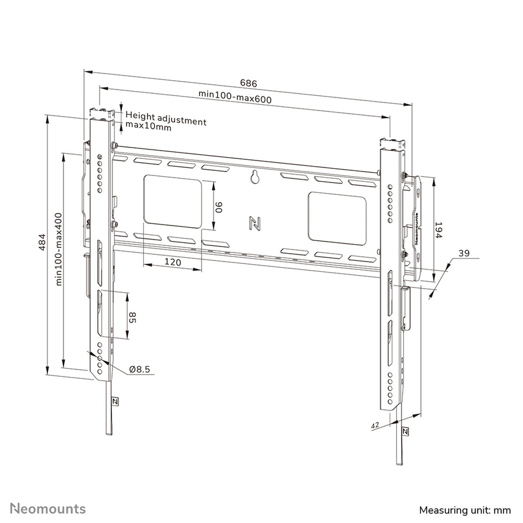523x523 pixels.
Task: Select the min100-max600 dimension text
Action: tap(235, 96)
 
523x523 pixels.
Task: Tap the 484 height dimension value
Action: tap(42, 242)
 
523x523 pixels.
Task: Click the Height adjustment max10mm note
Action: tap(166, 123)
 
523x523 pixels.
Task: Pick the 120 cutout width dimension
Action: tap(173, 262)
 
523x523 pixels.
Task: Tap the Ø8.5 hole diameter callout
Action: tap(139, 370)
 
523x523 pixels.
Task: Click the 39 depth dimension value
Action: tap(464, 253)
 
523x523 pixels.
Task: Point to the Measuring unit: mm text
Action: tap(465, 509)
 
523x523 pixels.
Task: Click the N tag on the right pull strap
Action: tap(406, 431)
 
